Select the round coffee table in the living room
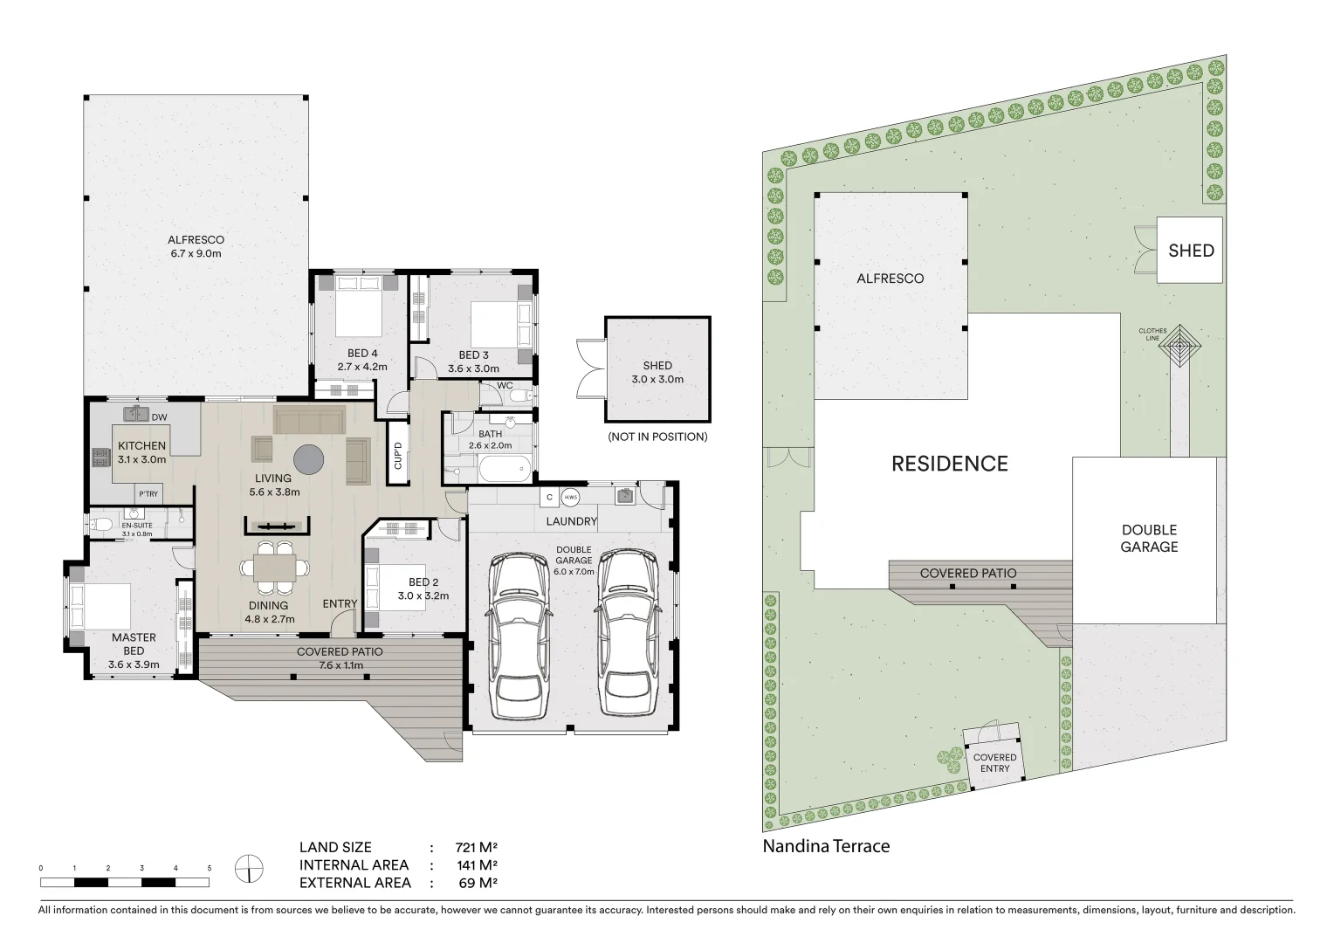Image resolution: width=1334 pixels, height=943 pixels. pos(309,458)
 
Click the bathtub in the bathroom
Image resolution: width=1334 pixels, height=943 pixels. pos(503,469)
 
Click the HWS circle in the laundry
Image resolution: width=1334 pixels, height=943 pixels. pos(571,497)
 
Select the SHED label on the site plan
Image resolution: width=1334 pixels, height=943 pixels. pos(1191,251)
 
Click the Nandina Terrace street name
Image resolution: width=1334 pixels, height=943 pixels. pos(826,846)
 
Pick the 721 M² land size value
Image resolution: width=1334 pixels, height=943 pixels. pos(476,847)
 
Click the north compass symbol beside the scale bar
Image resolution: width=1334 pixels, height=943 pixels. pos(249,869)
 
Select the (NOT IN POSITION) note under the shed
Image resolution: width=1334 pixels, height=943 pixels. pos(657,437)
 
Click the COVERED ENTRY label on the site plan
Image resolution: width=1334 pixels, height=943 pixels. pos(994,763)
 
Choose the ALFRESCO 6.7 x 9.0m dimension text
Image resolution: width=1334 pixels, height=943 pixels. pos(196,254)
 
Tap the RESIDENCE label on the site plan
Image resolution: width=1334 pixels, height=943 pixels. pos(949,464)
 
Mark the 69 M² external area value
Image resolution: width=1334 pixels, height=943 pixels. pos(476,883)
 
